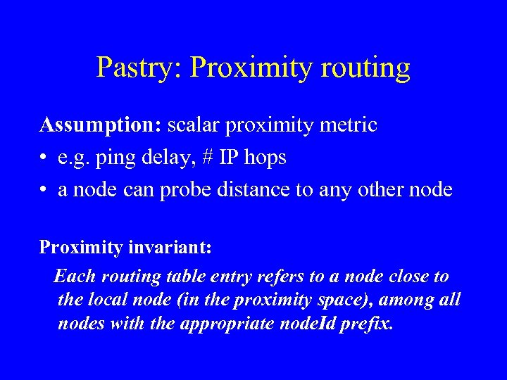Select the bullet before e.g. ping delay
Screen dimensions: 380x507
point(44,158)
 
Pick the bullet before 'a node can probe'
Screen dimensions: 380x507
point(44,191)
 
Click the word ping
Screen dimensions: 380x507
point(113,158)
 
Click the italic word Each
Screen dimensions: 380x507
point(74,276)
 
